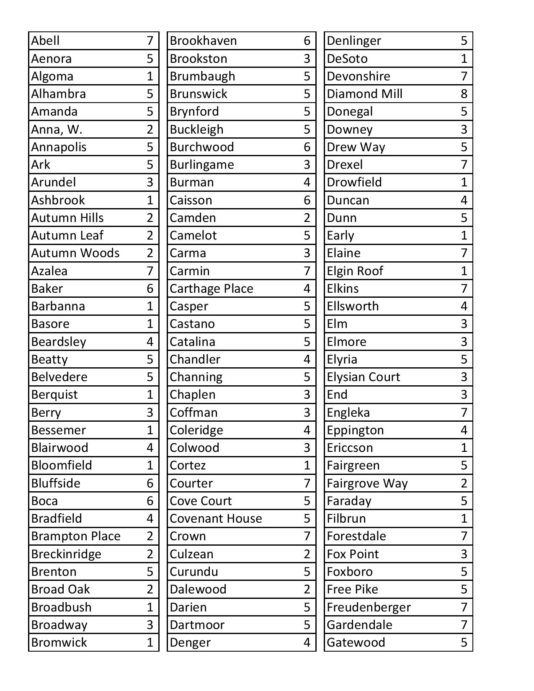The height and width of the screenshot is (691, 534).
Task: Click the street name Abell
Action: click(45, 41)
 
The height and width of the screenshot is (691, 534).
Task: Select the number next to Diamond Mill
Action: click(464, 94)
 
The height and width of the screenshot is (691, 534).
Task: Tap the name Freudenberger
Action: click(369, 607)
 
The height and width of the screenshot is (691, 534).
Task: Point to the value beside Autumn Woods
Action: click(150, 253)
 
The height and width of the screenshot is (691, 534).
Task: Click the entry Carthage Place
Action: click(212, 289)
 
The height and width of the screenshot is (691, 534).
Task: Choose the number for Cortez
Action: click(307, 465)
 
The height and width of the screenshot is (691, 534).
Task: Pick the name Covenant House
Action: click(216, 518)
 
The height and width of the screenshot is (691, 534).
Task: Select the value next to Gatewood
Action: click(464, 642)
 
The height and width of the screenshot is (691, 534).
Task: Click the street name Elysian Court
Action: click(363, 377)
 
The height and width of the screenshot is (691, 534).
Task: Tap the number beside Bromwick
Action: click(150, 642)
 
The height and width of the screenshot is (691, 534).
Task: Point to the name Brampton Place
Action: click(76, 536)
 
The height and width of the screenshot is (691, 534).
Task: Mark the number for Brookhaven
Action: click(307, 41)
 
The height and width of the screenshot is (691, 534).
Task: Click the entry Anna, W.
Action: click(57, 129)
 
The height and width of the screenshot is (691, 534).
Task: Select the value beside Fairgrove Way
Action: click(464, 483)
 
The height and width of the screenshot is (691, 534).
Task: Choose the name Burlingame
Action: click(202, 165)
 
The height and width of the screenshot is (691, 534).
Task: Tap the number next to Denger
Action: click(307, 642)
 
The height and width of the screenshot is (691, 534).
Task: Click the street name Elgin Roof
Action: click(355, 271)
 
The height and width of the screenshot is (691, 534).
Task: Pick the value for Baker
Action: click(150, 289)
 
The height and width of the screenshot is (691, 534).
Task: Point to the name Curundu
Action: click(194, 572)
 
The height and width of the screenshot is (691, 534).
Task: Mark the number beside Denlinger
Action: click(464, 41)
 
